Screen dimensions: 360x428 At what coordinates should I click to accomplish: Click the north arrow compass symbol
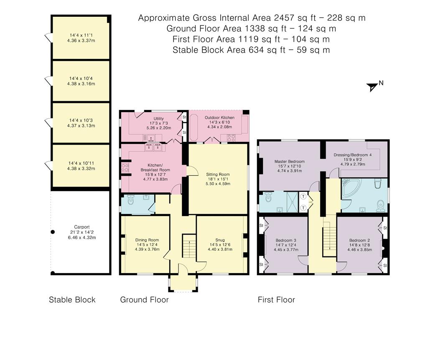[x=372, y=87]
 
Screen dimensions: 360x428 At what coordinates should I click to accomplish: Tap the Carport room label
[x=82, y=227]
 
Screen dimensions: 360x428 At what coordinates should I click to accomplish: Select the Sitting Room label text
[x=218, y=174]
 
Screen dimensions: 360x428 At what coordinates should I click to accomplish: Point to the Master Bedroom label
[x=289, y=161]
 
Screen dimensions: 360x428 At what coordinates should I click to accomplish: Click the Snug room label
[x=220, y=240]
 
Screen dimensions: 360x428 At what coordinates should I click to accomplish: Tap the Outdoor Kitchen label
[x=219, y=117]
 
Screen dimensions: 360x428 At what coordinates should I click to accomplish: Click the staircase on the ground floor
[x=189, y=246]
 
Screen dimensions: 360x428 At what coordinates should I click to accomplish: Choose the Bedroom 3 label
[x=286, y=240]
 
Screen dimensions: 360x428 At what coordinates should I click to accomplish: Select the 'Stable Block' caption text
[x=72, y=300]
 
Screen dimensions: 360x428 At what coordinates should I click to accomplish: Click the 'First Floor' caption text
[x=276, y=300]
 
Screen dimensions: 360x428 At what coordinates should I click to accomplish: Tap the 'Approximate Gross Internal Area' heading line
[x=252, y=18]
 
